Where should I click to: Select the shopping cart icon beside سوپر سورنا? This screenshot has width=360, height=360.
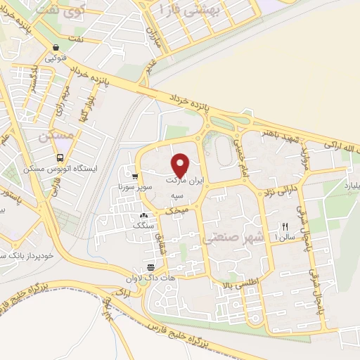[x=134, y=176]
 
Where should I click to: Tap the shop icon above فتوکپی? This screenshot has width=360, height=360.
[x=55, y=48]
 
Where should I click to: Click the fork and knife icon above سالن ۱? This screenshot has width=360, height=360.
[x=285, y=226]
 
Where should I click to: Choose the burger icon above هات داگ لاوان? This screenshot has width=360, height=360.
[x=150, y=267]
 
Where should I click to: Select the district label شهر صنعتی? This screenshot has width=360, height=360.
[x=235, y=238]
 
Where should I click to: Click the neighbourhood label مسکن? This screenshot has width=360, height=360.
[x=56, y=136]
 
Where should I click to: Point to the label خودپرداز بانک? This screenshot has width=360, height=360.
[x=24, y=255]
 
